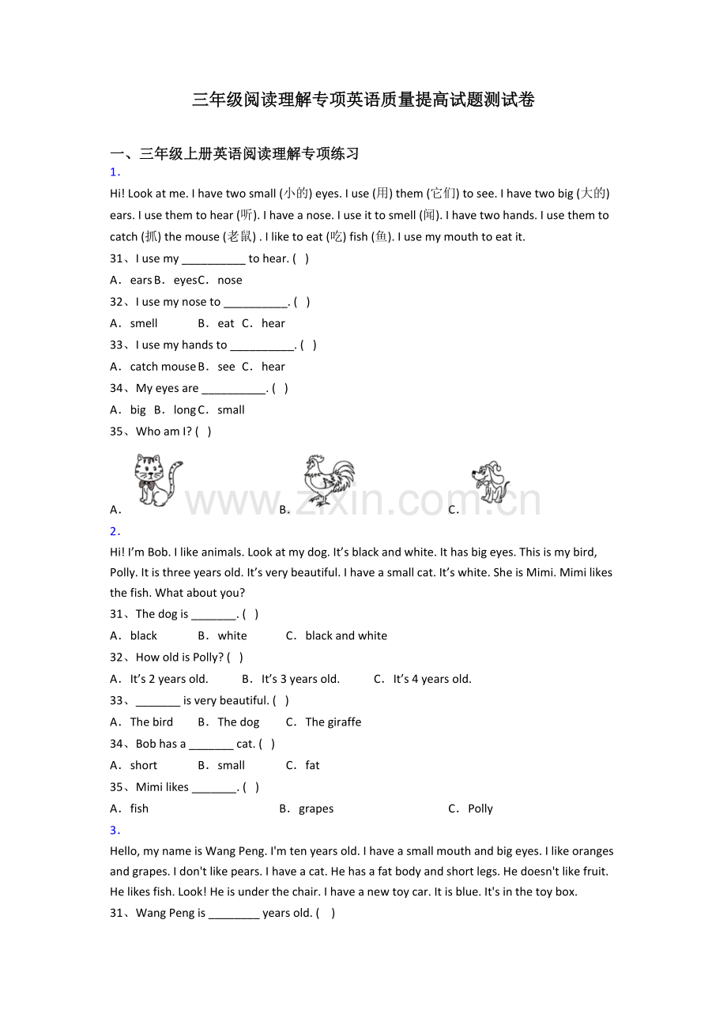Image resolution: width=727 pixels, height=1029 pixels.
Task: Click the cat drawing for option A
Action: point(158,480)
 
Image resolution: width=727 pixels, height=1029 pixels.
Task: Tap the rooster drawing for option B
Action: point(328,480)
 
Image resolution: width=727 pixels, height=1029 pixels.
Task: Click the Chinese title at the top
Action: point(363,100)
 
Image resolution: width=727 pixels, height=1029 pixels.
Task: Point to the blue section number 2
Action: point(115,531)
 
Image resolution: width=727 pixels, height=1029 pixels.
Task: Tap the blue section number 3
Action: point(115,830)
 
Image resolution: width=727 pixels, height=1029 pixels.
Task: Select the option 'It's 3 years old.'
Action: point(300,679)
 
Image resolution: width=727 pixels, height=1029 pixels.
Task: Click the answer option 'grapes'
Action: point(316,808)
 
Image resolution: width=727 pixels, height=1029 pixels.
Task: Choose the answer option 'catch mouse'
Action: point(162,367)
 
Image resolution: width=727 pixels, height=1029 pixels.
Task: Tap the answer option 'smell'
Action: point(144,323)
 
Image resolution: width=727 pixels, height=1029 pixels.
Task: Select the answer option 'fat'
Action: point(312,765)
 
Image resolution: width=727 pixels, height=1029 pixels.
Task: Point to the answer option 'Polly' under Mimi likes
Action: point(480,808)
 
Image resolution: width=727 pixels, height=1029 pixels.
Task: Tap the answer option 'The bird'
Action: point(151,722)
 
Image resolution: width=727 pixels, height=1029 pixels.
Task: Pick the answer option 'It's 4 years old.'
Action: point(432,679)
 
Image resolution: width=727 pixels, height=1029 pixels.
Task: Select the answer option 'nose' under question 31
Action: point(230,280)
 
